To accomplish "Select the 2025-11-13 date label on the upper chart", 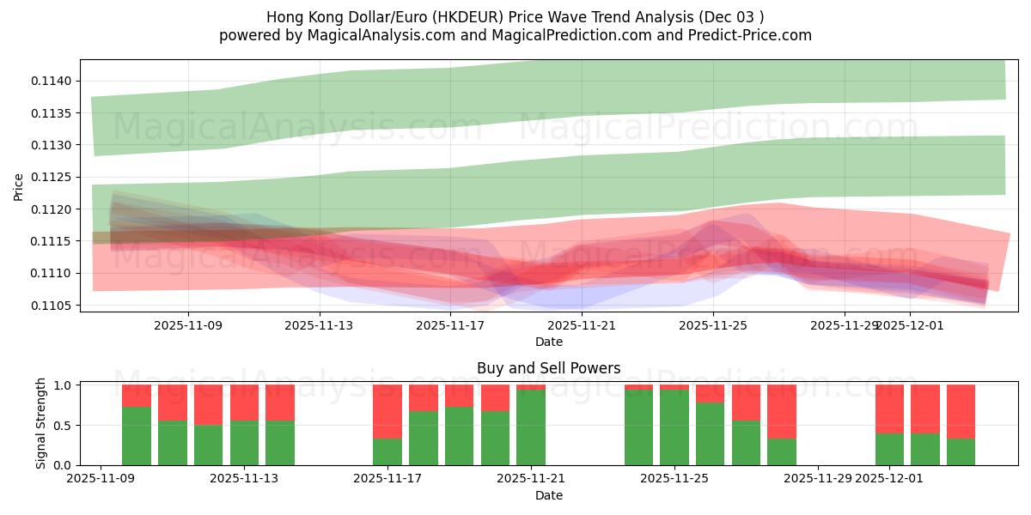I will point(319,325).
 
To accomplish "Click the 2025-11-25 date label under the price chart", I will point(712,325).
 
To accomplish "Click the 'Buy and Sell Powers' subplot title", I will point(548,368).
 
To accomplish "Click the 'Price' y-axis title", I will point(19,186).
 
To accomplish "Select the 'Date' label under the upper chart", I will point(548,342).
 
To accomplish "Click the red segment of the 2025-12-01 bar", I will point(889,408).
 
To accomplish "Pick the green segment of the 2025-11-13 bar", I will point(244,444).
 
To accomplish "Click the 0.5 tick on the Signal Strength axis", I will point(66,426).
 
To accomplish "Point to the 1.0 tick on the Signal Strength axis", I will point(66,385).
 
